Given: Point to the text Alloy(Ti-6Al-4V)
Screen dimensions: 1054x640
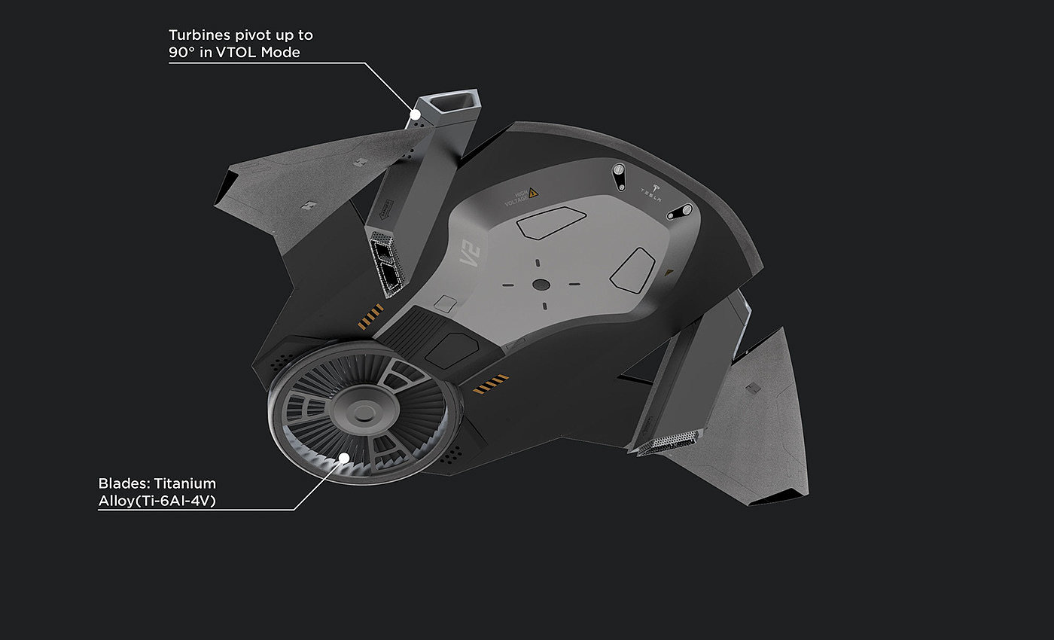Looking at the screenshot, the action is (157, 501).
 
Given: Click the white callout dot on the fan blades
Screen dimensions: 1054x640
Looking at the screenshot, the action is (343, 457).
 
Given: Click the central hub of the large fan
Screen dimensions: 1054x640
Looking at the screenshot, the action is (364, 412).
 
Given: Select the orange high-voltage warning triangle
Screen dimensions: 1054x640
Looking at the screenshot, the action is (533, 194).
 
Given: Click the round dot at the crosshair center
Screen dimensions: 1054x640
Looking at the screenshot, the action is (540, 284).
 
